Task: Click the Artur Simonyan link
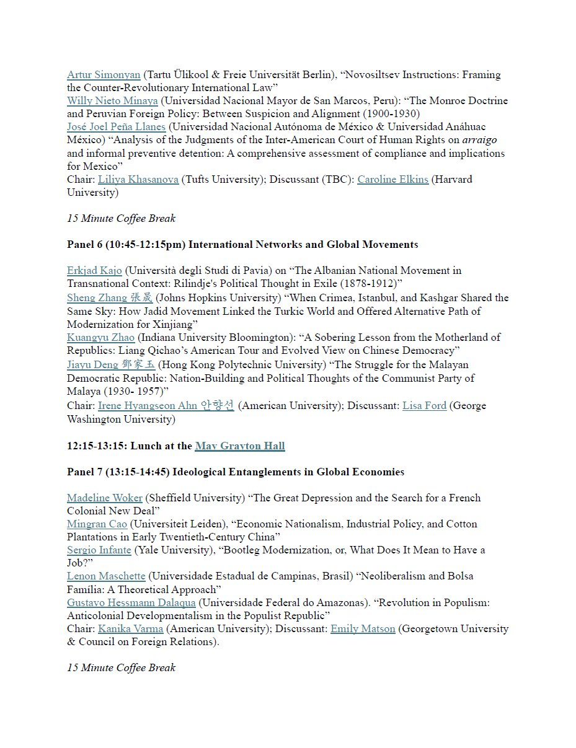pos(104,75)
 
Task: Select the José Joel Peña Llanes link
pos(116,127)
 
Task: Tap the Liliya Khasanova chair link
pos(138,180)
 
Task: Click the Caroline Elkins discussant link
pos(392,180)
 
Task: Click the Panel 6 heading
pos(242,245)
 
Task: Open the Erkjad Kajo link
pos(94,271)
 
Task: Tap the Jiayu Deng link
pos(111,364)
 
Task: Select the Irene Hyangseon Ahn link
pos(166,406)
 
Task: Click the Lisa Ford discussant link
pos(424,406)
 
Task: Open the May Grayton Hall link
pos(240,446)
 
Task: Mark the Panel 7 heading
pos(236,472)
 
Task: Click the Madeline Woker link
pos(105,498)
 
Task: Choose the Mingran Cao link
pos(98,524)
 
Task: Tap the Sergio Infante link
pos(99,550)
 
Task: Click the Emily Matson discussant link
pos(363,629)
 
